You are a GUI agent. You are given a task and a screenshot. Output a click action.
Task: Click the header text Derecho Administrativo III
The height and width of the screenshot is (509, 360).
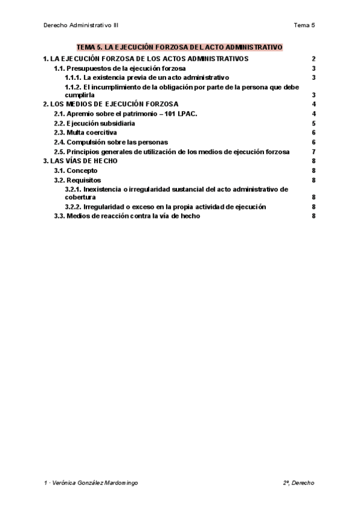pos(85,25)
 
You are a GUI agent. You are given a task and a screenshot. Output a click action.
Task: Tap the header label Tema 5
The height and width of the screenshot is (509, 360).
pos(304,25)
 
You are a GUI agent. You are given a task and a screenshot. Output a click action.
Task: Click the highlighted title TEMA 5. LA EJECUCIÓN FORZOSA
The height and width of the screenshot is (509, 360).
pos(179,47)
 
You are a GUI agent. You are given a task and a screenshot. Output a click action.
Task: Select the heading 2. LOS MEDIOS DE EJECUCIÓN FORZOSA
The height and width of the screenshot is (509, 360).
pos(110,104)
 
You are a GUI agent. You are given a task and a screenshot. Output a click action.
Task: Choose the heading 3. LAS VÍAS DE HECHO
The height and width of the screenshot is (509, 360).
pos(80,161)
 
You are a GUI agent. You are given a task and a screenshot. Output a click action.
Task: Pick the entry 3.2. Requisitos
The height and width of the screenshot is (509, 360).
pos(77,179)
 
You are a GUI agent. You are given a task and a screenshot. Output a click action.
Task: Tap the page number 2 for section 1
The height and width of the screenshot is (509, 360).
pos(314,59)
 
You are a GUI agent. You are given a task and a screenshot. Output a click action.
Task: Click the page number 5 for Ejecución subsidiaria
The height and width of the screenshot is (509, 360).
pos(314,123)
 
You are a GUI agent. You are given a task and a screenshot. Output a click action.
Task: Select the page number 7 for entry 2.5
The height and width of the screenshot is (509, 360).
pos(314,151)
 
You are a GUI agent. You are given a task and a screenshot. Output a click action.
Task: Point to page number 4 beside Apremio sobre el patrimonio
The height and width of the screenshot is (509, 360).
pos(314,113)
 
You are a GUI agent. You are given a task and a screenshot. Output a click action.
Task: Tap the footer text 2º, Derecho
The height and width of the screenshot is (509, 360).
pos(299,483)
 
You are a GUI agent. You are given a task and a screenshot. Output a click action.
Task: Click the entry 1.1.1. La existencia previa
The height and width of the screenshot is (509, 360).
pos(147,77)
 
